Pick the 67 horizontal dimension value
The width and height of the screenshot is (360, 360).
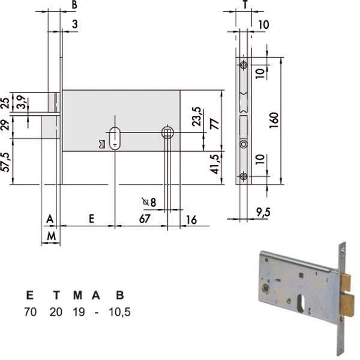coord(144,220)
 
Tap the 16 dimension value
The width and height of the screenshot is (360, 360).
coord(191,220)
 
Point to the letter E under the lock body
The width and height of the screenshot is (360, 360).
coord(91,220)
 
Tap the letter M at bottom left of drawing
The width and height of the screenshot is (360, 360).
coord(52,237)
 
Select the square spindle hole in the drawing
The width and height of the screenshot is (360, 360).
coord(168,131)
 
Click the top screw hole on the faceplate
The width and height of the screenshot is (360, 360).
coord(242,65)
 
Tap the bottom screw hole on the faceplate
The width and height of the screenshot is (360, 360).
coord(242,176)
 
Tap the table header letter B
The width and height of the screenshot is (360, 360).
coord(119,295)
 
